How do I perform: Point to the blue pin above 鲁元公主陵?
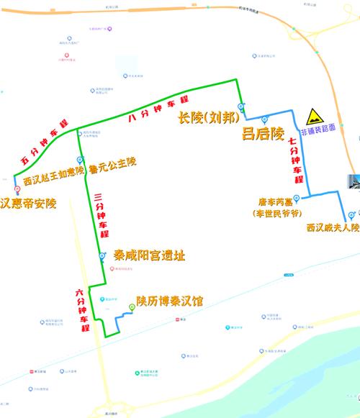79,160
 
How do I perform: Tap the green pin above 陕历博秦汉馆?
131,308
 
